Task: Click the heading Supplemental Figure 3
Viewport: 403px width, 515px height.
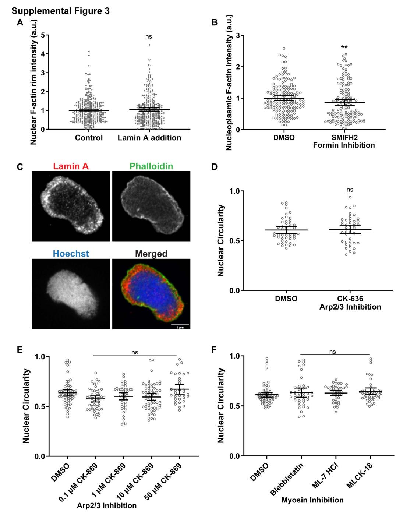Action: click(x=60, y=11)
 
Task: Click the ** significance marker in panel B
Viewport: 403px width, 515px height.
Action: click(x=344, y=47)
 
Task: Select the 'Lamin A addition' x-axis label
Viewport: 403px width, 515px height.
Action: click(x=149, y=138)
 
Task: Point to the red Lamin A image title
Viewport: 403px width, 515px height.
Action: click(x=71, y=166)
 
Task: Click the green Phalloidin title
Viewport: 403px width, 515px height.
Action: click(x=151, y=166)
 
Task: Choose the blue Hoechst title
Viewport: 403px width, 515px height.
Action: click(x=71, y=253)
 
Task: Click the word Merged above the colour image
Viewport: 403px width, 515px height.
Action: click(x=151, y=254)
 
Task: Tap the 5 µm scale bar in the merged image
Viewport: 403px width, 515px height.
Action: click(x=180, y=324)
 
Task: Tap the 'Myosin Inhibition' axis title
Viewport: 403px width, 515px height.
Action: click(x=312, y=500)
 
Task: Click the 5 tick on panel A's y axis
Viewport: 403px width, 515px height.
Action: click(x=43, y=35)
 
